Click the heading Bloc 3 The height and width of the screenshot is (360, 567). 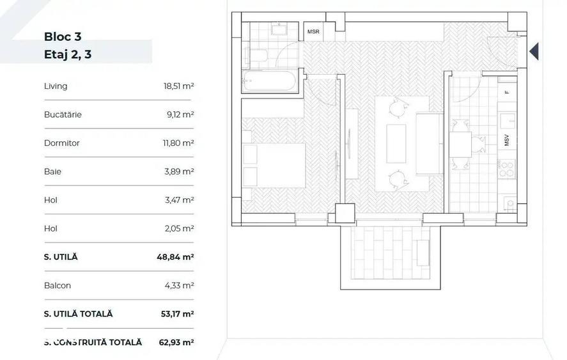63,36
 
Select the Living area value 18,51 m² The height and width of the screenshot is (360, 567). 178,86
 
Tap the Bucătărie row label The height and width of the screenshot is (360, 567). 63,114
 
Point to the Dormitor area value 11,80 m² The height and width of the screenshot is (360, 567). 178,143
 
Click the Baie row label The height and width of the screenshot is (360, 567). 52,171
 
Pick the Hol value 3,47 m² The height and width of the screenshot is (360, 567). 180,200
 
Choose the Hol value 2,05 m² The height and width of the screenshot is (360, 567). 180,228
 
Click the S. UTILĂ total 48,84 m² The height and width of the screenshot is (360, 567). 175,257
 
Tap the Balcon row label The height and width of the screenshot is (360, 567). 58,285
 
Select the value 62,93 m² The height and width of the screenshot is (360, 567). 176,342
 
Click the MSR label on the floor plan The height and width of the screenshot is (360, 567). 313,31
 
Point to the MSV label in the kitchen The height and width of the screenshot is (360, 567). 506,141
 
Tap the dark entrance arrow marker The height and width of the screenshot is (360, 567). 534,51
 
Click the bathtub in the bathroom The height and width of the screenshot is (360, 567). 270,81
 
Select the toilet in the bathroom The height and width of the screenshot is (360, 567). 256,56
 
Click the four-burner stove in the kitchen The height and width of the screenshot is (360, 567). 507,169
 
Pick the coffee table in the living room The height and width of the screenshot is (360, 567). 396,144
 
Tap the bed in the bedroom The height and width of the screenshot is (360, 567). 274,166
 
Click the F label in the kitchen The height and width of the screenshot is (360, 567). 507,92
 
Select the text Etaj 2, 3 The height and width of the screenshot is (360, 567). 68,54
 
